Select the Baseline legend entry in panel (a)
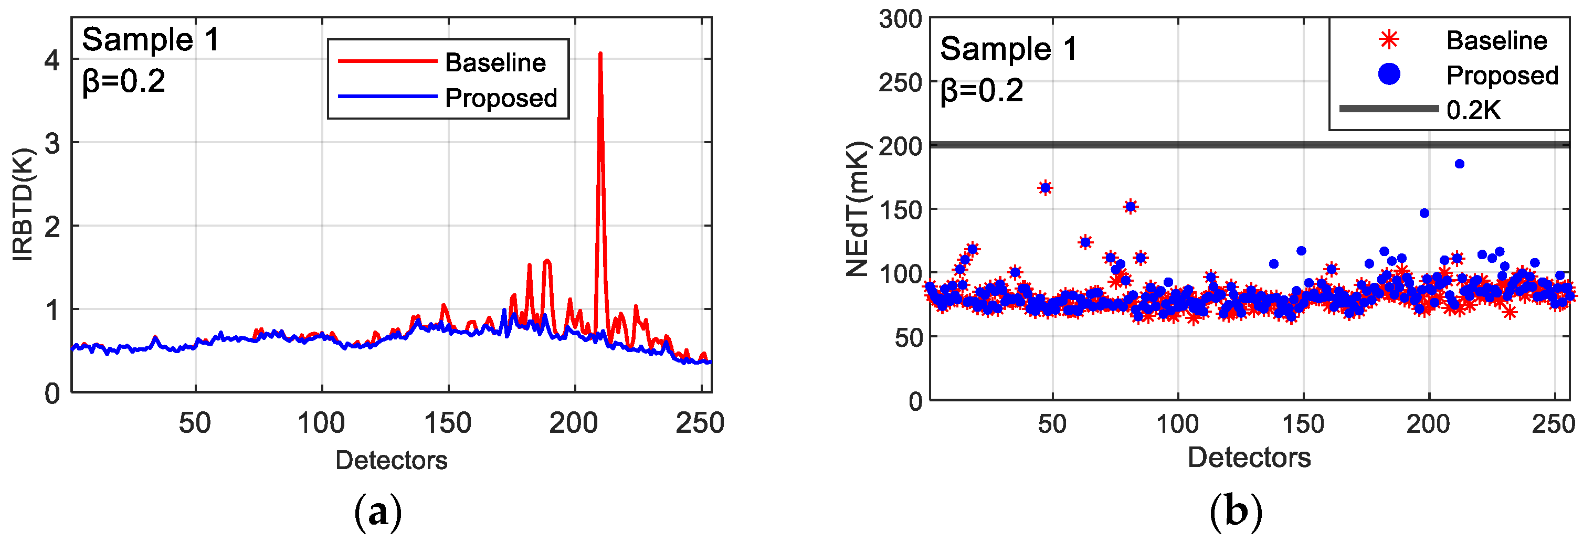pos(494,62)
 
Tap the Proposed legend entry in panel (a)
pos(500,98)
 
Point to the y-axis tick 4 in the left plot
pos(52,60)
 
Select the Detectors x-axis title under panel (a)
pos(391,460)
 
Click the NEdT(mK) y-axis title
pos(857,209)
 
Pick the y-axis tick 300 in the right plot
pos(900,19)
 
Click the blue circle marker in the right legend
pos(1389,74)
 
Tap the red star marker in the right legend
pos(1389,40)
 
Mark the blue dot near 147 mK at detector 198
pos(1424,213)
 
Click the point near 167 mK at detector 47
pos(1046,188)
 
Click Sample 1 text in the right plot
pos(1008,49)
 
